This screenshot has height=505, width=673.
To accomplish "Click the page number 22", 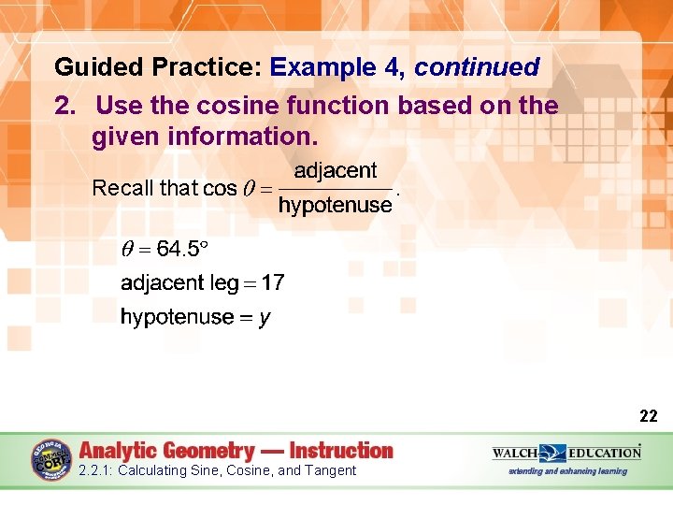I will pos(648,416).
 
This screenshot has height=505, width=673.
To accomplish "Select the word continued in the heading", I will pos(477,67).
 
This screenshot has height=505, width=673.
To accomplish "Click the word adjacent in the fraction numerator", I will pos(336,170).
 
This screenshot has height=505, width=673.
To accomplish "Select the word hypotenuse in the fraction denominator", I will pos(336,206).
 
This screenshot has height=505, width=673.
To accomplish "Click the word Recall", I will pos(122,188).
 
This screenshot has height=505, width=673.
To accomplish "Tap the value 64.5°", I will pos(180,249).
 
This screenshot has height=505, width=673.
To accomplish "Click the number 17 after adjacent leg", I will pos(273,282).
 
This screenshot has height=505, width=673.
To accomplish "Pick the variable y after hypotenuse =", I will pos(265,318).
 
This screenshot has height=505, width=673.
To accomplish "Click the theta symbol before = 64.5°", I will pos(129,249).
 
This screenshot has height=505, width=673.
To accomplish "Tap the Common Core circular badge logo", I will pos(51,458).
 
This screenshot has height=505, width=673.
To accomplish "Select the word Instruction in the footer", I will pos(340,450).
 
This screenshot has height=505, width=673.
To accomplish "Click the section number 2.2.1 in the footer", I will pos(96,470).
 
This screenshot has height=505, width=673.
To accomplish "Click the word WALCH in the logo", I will pos(514,453).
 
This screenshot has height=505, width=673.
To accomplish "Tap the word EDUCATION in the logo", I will pos(604,453).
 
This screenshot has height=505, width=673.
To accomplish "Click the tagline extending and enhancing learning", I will pos(567,471).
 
